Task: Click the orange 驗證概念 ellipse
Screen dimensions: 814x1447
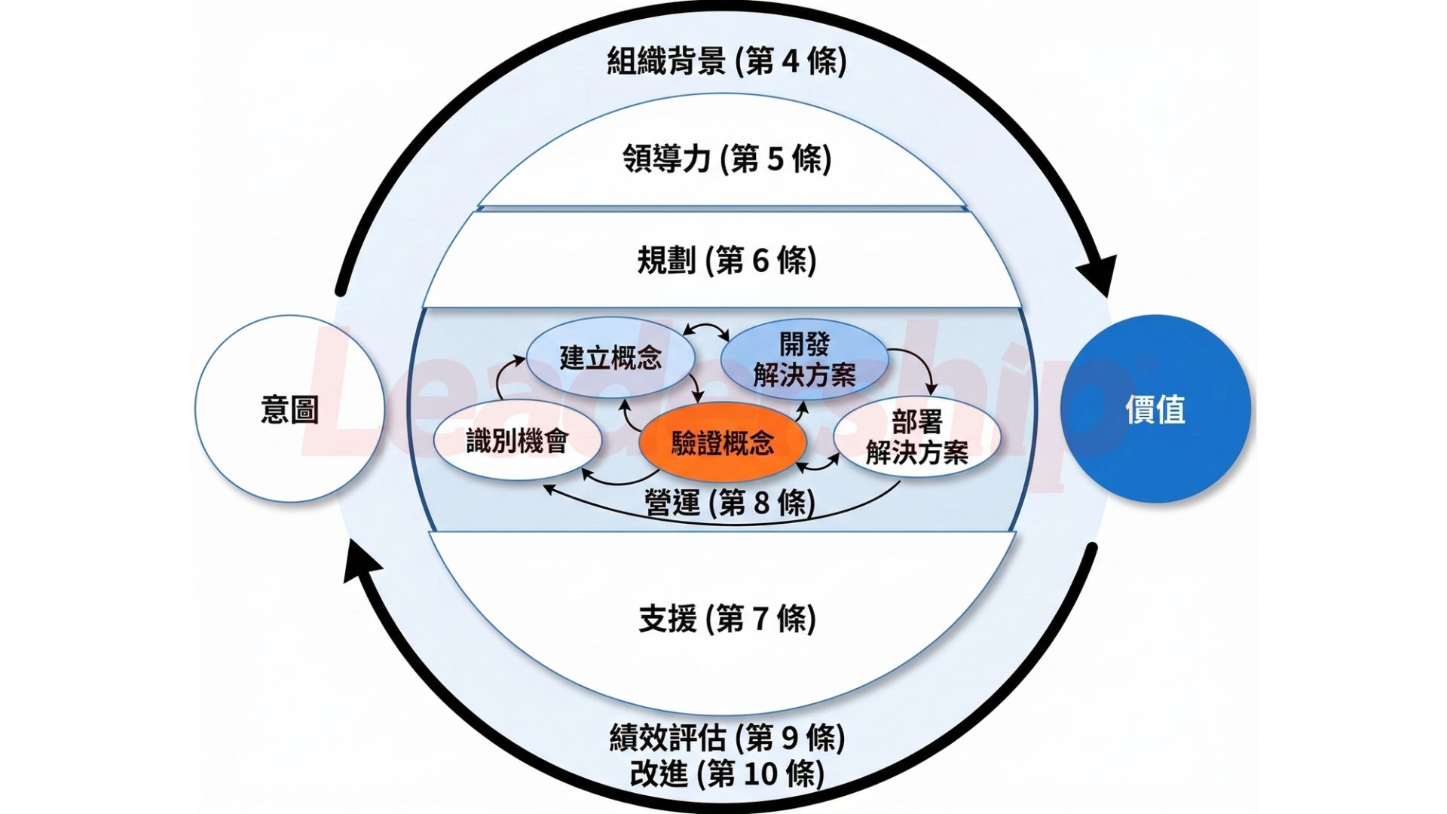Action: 722,443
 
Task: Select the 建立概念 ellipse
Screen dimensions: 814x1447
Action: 610,357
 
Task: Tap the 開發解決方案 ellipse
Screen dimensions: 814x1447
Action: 804,360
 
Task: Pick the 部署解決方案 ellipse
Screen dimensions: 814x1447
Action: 916,437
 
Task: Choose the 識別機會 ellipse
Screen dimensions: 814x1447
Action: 517,441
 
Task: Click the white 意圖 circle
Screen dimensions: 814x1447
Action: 290,409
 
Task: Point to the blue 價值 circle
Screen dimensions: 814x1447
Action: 1155,409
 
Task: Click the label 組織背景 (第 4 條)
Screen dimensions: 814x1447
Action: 727,61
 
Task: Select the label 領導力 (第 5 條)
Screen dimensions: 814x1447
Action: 727,159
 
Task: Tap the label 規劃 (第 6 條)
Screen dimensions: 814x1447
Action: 727,261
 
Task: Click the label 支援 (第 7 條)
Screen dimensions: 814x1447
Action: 727,619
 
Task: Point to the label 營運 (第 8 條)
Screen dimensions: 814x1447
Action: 730,503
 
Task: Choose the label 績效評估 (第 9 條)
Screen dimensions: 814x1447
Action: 727,738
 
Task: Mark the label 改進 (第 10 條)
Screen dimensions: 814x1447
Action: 727,774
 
